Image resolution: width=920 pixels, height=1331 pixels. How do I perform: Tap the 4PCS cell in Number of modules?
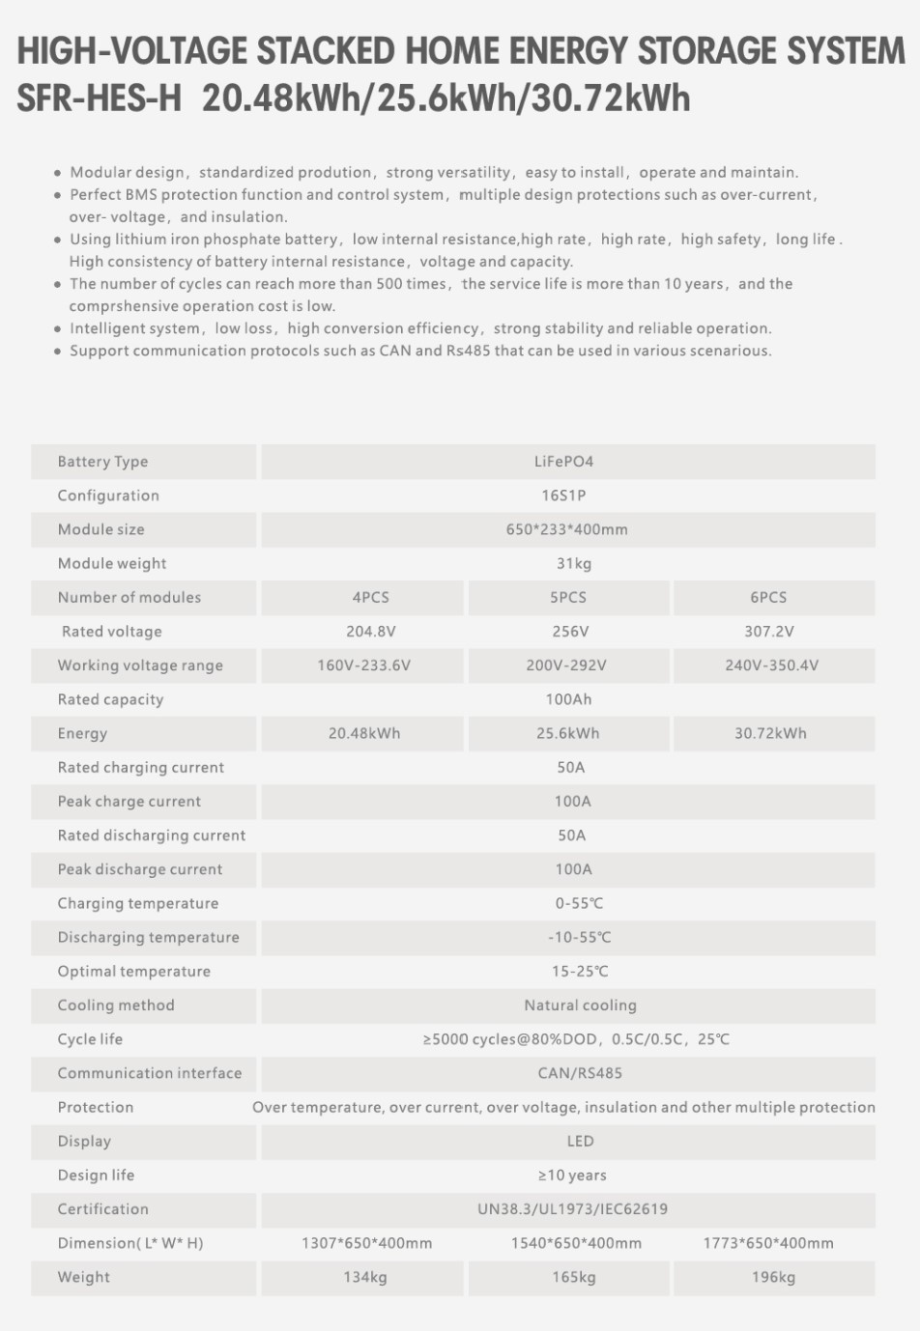click(370, 598)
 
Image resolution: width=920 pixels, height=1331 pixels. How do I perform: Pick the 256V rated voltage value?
click(569, 632)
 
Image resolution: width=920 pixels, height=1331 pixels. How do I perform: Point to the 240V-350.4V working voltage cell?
click(771, 665)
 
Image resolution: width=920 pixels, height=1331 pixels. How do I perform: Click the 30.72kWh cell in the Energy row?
click(770, 733)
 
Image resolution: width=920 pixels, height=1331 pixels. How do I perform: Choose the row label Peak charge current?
click(129, 802)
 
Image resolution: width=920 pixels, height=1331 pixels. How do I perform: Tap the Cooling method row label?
click(116, 1005)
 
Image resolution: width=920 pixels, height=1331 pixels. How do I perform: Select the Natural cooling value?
click(580, 1005)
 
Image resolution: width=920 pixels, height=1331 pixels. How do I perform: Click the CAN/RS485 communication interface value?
click(580, 1073)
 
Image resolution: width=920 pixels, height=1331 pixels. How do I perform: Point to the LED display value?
click(580, 1142)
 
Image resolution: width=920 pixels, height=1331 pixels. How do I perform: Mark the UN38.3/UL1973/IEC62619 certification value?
click(572, 1209)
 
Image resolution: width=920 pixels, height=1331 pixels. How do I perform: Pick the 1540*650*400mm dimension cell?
click(576, 1243)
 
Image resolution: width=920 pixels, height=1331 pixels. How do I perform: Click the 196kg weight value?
click(773, 1277)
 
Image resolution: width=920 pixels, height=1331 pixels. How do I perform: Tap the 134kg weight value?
click(365, 1277)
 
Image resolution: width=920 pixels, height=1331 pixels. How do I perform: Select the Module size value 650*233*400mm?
click(566, 529)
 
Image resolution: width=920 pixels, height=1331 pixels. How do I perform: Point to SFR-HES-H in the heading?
click(100, 99)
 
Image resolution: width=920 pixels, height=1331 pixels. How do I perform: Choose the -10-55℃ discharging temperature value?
click(579, 938)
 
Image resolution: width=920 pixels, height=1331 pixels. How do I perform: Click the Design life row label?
click(96, 1175)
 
